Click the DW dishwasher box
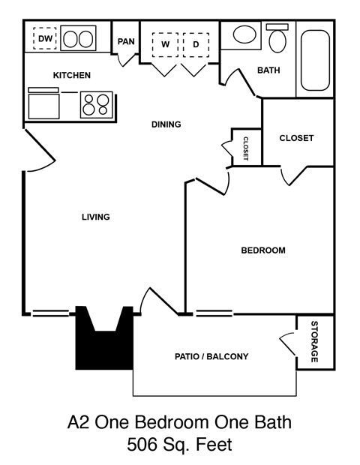(46, 38)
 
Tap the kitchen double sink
(79, 38)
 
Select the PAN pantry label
(125, 41)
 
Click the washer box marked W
(164, 44)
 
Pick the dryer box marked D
(196, 44)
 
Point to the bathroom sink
(244, 35)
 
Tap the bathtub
(316, 57)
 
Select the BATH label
(268, 71)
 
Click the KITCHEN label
(72, 76)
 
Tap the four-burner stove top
(96, 103)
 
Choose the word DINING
(166, 124)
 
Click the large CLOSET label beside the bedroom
(296, 138)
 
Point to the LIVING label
(96, 217)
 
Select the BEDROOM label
(262, 250)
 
